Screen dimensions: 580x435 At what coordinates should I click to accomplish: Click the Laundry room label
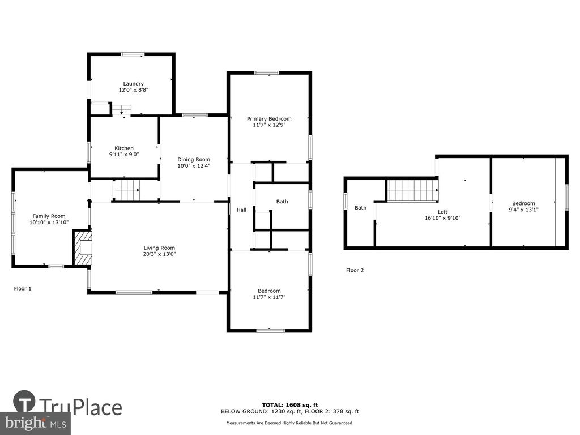click(133, 84)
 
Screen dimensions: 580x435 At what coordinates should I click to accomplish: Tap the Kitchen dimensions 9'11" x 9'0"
click(124, 155)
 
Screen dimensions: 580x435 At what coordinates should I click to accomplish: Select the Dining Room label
click(194, 159)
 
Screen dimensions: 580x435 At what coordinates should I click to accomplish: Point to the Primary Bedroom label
click(269, 119)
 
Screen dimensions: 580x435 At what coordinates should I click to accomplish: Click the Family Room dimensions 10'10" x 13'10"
click(49, 223)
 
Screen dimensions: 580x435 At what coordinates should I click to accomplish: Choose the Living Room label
click(159, 248)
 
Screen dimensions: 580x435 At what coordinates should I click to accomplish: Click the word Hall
click(241, 210)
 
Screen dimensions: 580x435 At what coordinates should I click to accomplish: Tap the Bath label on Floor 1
click(282, 202)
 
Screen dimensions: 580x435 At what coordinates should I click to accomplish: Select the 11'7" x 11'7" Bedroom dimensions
click(269, 297)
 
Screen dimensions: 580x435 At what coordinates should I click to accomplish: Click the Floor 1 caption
click(23, 288)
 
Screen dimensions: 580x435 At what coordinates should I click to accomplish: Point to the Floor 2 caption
click(355, 270)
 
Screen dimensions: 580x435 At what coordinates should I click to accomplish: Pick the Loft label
click(442, 212)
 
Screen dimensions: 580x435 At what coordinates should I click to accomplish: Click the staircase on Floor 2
click(412, 190)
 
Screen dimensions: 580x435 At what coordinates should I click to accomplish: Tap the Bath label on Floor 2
click(360, 208)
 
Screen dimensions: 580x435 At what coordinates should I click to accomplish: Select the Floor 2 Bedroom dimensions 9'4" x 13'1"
click(523, 210)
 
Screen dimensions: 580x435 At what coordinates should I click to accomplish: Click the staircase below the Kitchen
click(126, 190)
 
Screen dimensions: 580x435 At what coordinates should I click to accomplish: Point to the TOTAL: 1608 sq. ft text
click(289, 405)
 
